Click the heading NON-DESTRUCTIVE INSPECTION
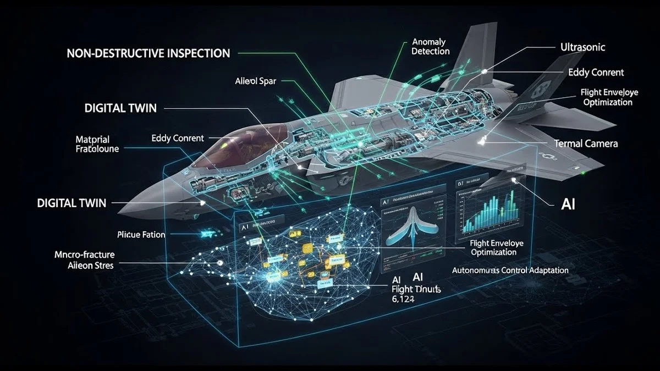[x=148, y=53]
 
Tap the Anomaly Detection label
[x=430, y=47]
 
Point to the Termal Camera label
[x=586, y=143]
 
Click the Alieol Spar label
[x=255, y=81]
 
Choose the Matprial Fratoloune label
[x=97, y=143]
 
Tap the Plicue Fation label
[x=141, y=235]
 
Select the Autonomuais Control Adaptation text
[x=510, y=270]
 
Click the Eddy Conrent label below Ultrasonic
[x=596, y=73]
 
